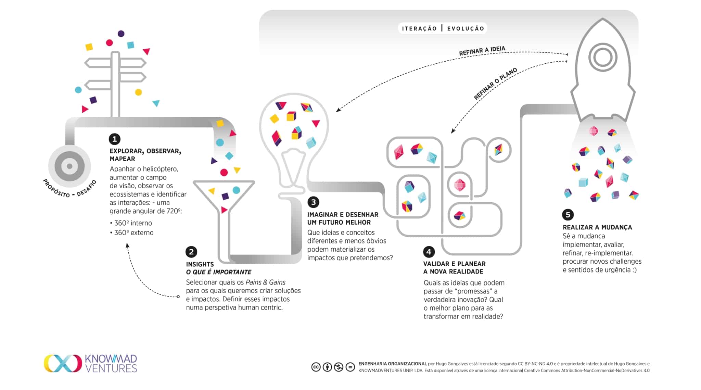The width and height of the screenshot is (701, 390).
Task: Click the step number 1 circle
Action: (x=114, y=139)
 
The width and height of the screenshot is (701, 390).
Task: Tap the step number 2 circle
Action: (x=191, y=252)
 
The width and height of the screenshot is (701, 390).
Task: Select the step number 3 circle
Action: (x=313, y=202)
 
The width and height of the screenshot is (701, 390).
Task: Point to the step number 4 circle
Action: (x=429, y=252)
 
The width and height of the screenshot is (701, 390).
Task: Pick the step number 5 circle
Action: (x=568, y=215)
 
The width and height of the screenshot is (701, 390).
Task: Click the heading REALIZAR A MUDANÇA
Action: (x=597, y=227)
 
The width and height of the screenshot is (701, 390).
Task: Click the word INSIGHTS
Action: (x=200, y=264)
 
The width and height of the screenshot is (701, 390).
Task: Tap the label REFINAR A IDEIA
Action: (x=482, y=51)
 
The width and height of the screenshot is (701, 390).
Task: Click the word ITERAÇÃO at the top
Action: (x=419, y=28)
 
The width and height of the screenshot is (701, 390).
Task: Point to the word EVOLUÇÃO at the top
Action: (x=466, y=28)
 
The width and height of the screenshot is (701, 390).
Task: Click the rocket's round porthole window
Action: (x=602, y=57)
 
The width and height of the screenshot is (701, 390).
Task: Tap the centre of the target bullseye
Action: (x=69, y=166)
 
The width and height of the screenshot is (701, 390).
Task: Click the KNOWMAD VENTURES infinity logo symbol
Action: (x=63, y=363)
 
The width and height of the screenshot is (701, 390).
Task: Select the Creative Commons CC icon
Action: (x=316, y=367)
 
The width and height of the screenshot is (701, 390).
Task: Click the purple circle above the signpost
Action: (x=121, y=34)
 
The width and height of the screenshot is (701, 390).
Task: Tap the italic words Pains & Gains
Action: (x=265, y=282)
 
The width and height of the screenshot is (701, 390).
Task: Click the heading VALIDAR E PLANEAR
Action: (x=454, y=264)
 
